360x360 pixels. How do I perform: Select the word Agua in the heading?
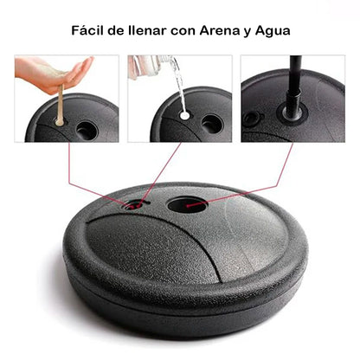(x=273, y=31)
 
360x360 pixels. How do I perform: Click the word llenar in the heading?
(x=147, y=30)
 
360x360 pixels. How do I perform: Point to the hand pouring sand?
(x=54, y=73)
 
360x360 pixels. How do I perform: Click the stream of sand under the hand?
(x=61, y=105)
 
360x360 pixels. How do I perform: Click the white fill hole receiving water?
(x=184, y=116)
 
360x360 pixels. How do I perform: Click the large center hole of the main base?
(x=187, y=204)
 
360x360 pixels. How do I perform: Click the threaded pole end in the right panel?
(x=292, y=101)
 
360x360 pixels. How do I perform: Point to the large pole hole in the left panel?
(x=87, y=131)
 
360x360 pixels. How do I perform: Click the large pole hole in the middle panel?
(x=212, y=124)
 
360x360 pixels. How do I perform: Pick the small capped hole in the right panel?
(x=251, y=118)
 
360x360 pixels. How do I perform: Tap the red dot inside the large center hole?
(x=188, y=206)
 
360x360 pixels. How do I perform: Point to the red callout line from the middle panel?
(x=160, y=174)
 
